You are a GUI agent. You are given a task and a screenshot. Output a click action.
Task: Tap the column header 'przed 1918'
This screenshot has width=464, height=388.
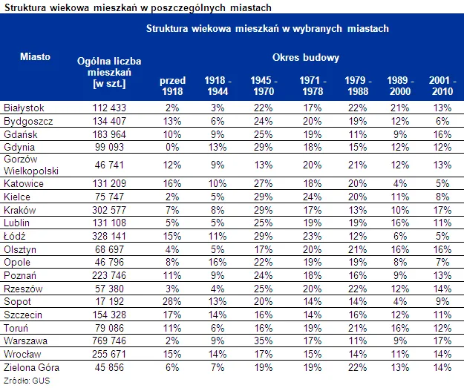(x=172, y=85)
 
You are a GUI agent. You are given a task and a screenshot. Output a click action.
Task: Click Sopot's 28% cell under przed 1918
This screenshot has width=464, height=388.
(x=172, y=303)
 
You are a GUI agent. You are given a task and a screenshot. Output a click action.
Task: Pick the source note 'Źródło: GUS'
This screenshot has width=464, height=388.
(x=23, y=380)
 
